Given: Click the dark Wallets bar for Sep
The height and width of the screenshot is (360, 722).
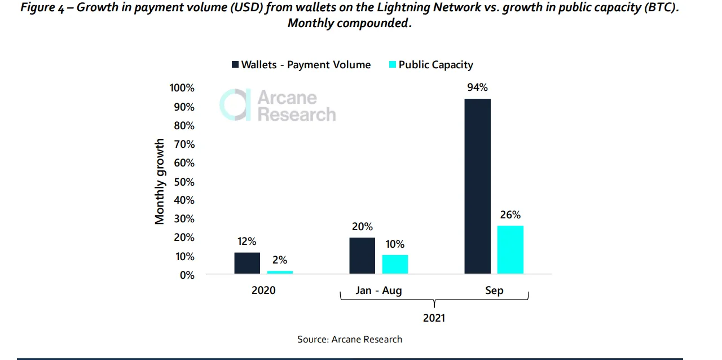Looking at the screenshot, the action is [477, 186].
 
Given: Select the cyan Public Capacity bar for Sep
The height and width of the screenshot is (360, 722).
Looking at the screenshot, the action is [510, 249].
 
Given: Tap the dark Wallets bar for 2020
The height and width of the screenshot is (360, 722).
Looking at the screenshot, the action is [247, 263].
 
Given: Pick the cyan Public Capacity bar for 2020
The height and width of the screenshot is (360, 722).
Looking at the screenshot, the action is [280, 273].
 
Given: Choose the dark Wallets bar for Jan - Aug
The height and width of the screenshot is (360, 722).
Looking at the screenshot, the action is [362, 256].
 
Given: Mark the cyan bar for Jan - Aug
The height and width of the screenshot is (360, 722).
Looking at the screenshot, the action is [395, 265].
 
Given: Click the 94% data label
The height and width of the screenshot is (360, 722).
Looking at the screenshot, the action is [477, 87].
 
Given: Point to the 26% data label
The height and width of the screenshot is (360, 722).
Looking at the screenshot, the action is [510, 214].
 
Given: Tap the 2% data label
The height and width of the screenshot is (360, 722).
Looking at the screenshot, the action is [279, 260].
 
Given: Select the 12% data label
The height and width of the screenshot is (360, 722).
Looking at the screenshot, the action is [246, 242].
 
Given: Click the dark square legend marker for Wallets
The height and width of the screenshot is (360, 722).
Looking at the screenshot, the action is [235, 64].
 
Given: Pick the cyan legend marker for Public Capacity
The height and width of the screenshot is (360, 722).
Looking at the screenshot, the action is [393, 64].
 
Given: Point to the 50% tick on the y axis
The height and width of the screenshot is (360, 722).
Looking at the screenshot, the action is [184, 182].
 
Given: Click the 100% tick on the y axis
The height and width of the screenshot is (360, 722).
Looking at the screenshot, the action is [182, 87].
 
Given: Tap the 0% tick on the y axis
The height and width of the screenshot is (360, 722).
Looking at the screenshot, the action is [187, 275].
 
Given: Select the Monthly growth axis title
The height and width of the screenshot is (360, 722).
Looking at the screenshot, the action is [160, 182].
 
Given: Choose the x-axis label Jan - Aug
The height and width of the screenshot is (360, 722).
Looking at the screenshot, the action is [378, 291].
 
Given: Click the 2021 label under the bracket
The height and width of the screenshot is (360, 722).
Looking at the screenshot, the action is [434, 318].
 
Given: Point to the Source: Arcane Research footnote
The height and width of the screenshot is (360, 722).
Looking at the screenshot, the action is [350, 339].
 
